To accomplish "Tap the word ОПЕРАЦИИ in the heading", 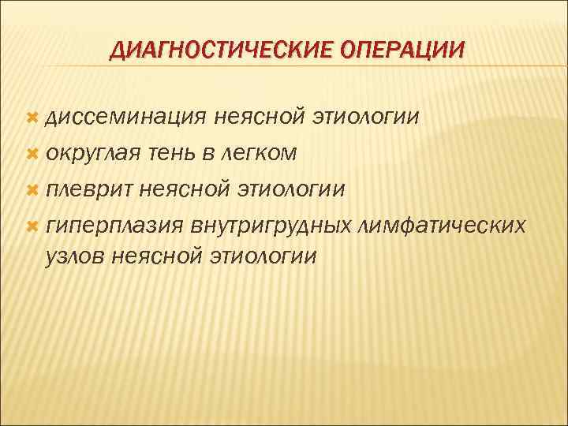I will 402,51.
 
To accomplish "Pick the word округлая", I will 93,155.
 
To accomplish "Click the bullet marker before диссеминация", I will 32,118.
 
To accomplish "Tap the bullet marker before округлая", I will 32,154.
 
